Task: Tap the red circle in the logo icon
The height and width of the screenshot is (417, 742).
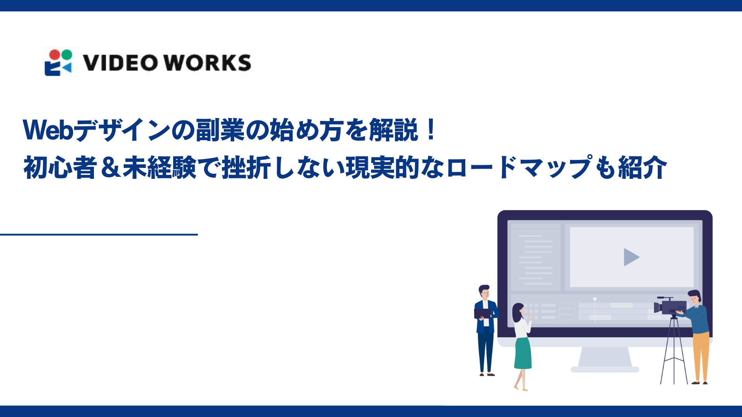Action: coord(56,54)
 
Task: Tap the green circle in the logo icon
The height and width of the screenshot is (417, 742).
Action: coord(66,54)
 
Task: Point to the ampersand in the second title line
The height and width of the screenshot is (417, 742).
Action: coord(110,168)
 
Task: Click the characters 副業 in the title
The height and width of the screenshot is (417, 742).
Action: coord(220,130)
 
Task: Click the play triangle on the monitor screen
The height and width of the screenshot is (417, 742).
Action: coord(631,257)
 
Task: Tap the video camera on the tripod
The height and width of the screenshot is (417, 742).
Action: coord(670,307)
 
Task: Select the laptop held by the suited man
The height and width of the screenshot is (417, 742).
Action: coord(482,313)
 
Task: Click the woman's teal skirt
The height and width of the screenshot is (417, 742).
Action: coord(523,354)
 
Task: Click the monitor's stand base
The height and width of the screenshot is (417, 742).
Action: coord(605,369)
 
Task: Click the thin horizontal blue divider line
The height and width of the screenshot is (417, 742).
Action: coord(99,234)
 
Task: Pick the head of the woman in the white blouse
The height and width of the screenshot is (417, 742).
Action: coord(518,311)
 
